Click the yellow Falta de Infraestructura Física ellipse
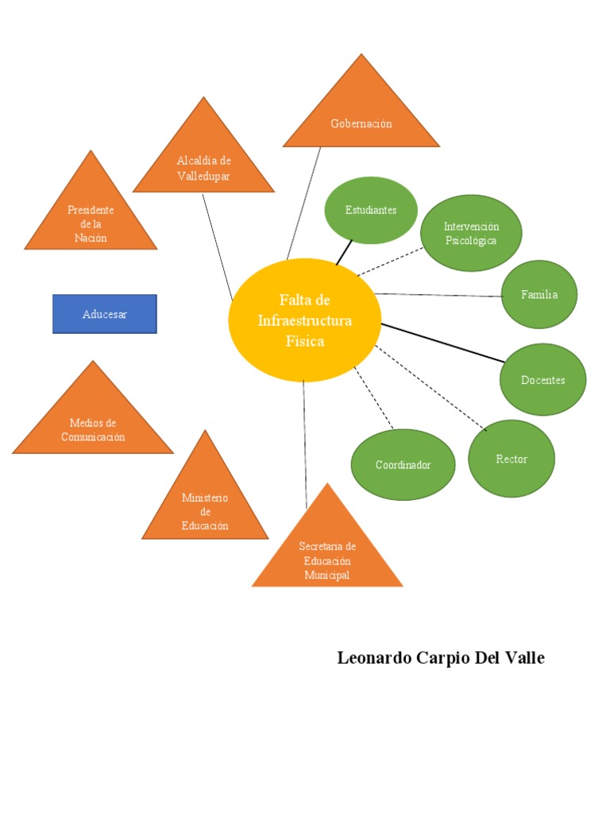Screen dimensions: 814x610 tap(305, 320)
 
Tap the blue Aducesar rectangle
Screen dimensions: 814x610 tap(105, 314)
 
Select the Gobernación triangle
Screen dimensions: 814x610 tap(361, 119)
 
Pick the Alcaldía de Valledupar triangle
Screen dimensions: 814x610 tap(203, 163)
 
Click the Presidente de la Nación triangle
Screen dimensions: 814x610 tap(91, 219)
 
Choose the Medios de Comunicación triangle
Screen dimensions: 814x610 tap(93, 425)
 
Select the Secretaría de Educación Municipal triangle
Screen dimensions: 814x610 tap(327, 552)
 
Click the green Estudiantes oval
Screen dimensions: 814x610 tap(371, 210)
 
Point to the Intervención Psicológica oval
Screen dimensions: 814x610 tap(471, 233)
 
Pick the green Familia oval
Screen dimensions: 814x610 tap(539, 294)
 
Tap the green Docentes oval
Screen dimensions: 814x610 tap(543, 380)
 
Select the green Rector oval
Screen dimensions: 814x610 tap(512, 459)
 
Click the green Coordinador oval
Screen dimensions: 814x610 tap(403, 464)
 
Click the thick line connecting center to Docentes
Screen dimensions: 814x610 tap(442, 343)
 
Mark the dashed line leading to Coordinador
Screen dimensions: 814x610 tap(373, 397)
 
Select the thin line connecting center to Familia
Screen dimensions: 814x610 tap(438, 295)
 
